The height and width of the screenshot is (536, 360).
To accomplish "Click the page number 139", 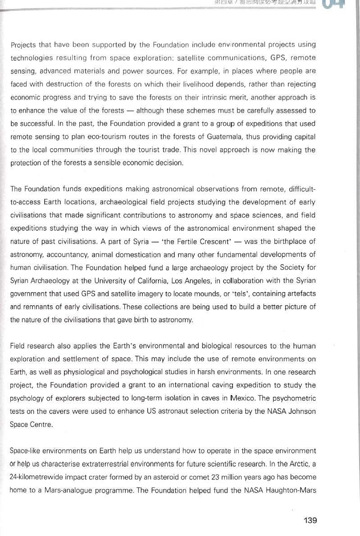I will click(x=310, y=520).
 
